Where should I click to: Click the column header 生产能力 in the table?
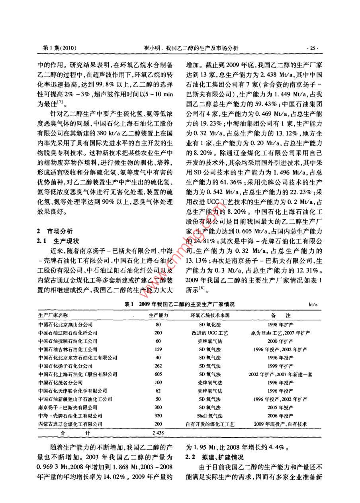point(158,315)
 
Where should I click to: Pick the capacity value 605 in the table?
point(158,374)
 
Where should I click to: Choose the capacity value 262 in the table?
point(158,366)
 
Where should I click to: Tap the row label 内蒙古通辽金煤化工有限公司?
point(70,424)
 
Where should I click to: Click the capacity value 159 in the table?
point(158,349)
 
